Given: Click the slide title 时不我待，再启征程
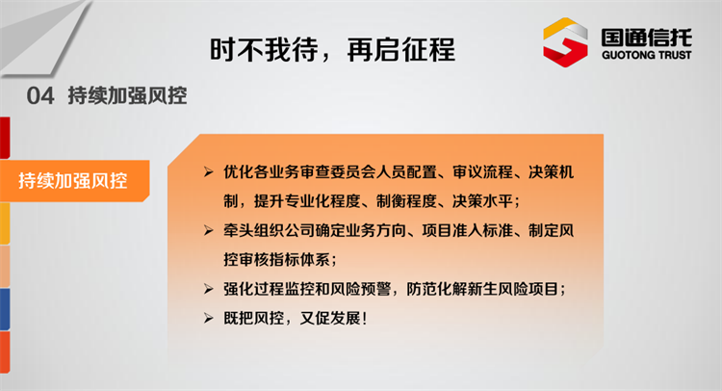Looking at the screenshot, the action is [332, 50].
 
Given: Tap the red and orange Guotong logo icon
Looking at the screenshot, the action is [565, 42].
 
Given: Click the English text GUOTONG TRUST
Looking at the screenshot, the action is [647, 55].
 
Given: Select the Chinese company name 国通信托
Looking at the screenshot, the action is [647, 37].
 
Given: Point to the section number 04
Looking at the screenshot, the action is [40, 95].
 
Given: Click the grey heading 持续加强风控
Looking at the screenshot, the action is [127, 95].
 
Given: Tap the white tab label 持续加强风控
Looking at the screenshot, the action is [73, 180].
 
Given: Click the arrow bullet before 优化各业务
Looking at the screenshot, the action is [209, 172].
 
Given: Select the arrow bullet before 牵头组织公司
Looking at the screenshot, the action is [209, 230].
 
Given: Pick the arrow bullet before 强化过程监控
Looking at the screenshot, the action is [209, 289].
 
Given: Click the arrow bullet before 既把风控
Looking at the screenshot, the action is [209, 318].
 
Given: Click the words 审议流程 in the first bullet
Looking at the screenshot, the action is [482, 172].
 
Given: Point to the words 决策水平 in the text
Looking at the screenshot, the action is [482, 201].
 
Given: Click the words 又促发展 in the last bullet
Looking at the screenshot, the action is [330, 318].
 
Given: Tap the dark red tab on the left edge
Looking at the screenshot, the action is [5, 138].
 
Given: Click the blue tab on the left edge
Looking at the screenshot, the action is [5, 309].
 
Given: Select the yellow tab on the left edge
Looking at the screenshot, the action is [5, 223].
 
